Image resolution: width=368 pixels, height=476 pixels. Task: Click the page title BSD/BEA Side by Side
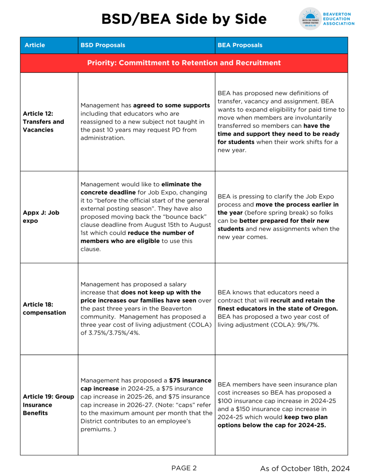tap(184, 19)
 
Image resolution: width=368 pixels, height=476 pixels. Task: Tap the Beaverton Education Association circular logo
tap(310, 19)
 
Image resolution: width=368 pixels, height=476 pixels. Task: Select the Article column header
tap(35, 45)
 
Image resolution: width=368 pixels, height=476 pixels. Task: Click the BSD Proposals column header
tap(103, 45)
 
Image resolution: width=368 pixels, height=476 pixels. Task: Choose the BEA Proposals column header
tap(240, 45)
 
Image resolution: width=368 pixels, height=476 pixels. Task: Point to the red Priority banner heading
tap(184, 63)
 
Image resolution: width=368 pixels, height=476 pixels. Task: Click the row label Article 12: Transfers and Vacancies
tap(43, 122)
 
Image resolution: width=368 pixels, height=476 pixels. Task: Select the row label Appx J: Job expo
tap(41, 216)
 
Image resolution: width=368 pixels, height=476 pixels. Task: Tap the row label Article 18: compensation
tap(44, 308)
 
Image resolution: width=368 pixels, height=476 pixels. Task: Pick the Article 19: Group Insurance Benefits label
tap(48, 404)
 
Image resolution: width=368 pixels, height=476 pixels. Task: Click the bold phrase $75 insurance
tap(190, 380)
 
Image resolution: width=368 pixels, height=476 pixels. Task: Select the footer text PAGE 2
tap(184, 468)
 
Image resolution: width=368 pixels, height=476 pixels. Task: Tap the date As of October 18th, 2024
tap(305, 468)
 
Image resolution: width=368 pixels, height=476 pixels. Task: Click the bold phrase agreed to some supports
tap(171, 105)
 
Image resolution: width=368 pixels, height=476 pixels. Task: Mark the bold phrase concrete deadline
tap(108, 192)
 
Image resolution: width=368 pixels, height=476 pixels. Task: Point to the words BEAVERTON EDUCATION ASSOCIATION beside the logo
tap(338, 19)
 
